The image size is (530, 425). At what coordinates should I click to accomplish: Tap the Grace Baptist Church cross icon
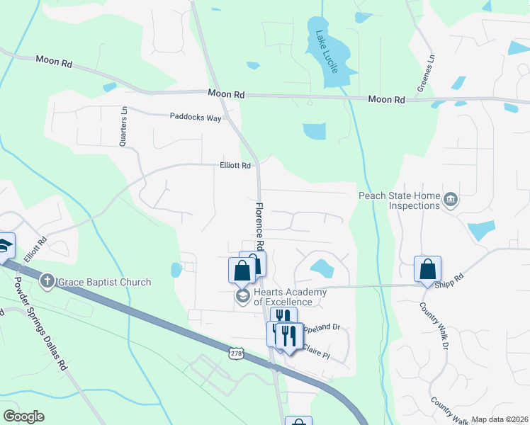[47, 282]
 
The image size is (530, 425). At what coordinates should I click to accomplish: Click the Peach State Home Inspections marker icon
[450, 200]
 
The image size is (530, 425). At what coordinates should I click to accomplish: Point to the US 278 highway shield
[236, 351]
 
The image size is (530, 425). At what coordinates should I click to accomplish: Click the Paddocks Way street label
[195, 116]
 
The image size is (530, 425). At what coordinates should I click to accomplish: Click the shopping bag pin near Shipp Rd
[428, 269]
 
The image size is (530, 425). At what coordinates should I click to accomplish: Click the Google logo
[23, 416]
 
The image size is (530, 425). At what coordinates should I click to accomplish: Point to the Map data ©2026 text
[500, 419]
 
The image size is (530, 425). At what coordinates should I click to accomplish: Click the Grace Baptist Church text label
[104, 282]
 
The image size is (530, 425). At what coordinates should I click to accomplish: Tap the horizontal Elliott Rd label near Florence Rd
[235, 166]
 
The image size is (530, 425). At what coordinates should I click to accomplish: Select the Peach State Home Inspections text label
[400, 200]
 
